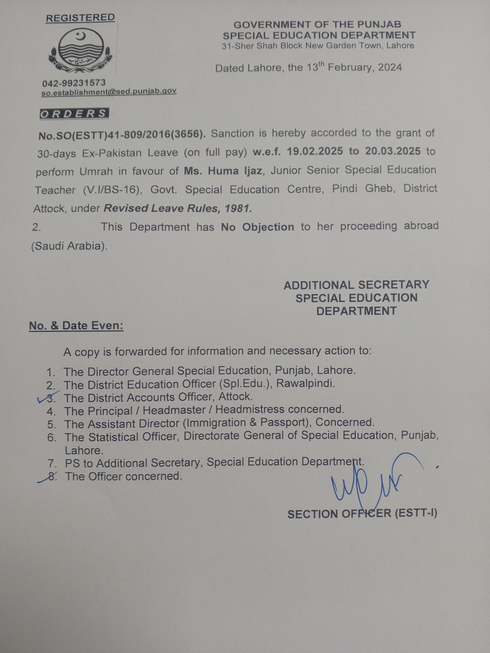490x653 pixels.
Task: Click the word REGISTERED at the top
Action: click(x=80, y=18)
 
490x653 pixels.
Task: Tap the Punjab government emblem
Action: click(x=81, y=51)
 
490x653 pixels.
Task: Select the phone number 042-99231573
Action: click(x=74, y=83)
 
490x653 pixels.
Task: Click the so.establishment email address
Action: click(x=109, y=92)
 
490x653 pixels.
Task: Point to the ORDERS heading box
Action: click(x=74, y=114)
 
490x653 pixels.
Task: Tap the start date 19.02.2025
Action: click(x=315, y=152)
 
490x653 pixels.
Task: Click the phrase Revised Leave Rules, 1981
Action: click(x=178, y=208)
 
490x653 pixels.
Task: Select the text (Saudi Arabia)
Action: click(x=69, y=246)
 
